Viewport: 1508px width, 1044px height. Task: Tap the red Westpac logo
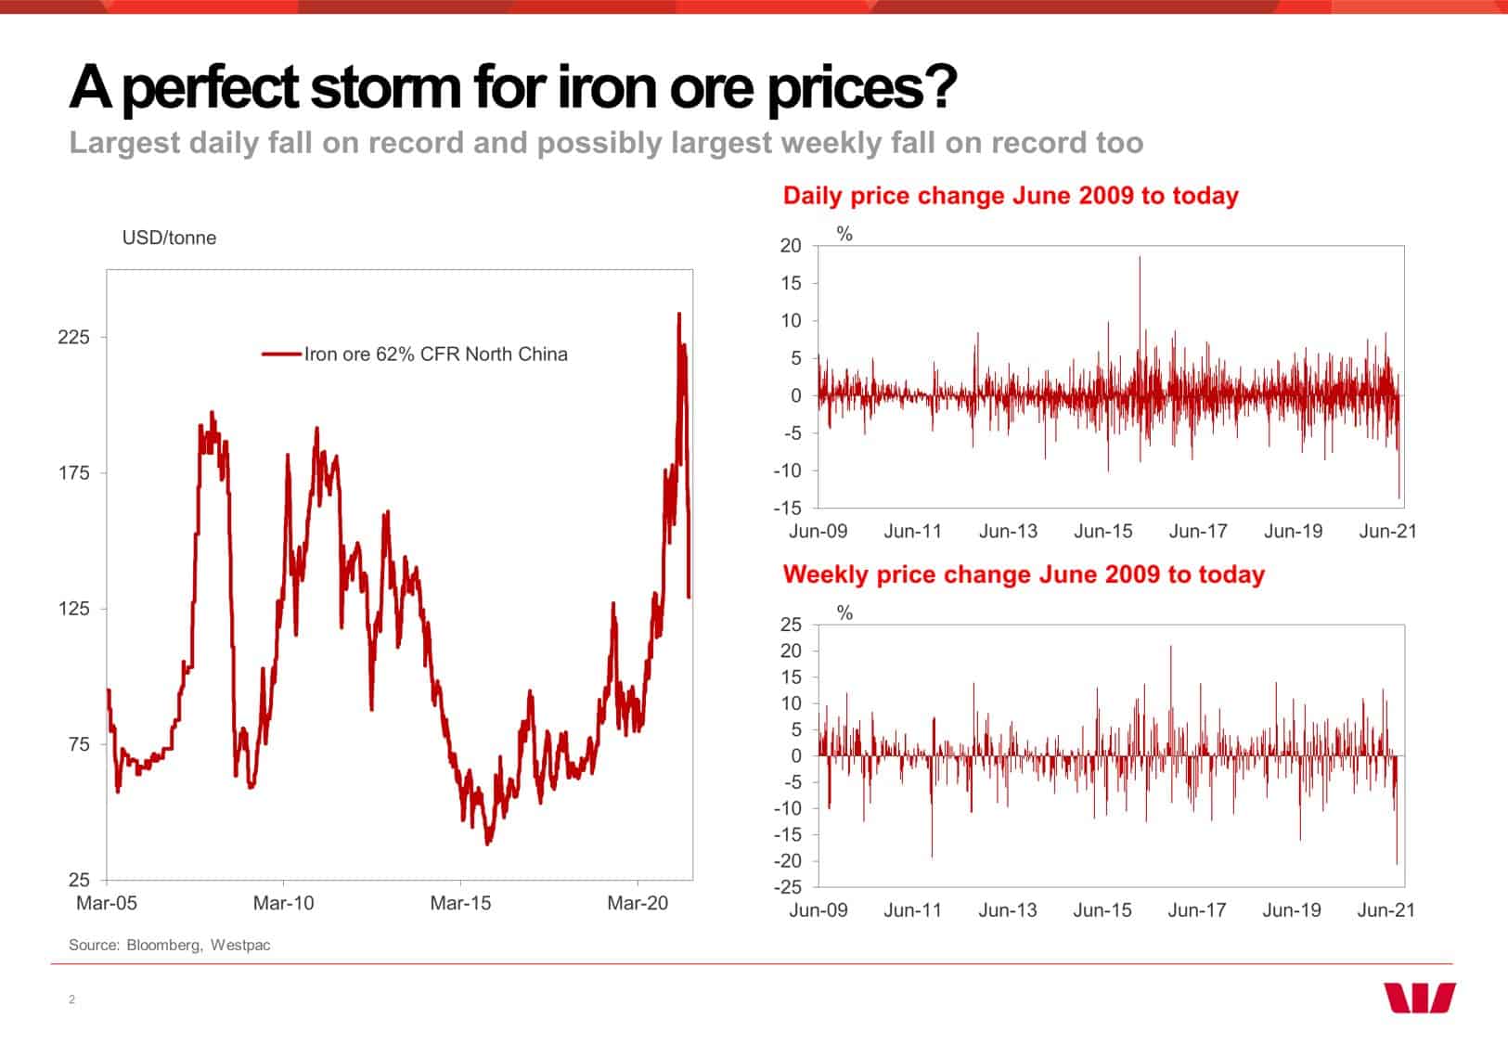pyautogui.click(x=1420, y=998)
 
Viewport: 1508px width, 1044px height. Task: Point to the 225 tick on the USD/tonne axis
pyautogui.click(x=74, y=338)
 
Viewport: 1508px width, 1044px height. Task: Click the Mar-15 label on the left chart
pyautogui.click(x=460, y=903)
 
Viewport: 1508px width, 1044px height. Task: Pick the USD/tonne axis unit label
pyautogui.click(x=169, y=238)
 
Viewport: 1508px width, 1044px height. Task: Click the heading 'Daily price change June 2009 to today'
pyautogui.click(x=1011, y=196)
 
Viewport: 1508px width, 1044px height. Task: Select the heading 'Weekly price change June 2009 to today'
pyautogui.click(x=1024, y=574)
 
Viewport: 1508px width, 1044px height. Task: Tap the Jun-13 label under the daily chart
pyautogui.click(x=1008, y=532)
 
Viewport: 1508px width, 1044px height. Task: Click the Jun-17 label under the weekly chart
pyautogui.click(x=1196, y=910)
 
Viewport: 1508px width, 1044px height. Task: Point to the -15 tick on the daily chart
pyautogui.click(x=787, y=509)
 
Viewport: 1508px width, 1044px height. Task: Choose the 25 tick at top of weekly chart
pyautogui.click(x=791, y=625)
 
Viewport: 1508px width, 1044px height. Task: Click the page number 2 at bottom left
pyautogui.click(x=71, y=999)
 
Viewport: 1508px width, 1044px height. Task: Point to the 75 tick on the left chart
pyautogui.click(x=74, y=744)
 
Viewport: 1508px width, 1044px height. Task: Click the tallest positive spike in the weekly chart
pyautogui.click(x=1170, y=648)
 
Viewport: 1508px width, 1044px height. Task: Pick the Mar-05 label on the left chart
pyautogui.click(x=107, y=903)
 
